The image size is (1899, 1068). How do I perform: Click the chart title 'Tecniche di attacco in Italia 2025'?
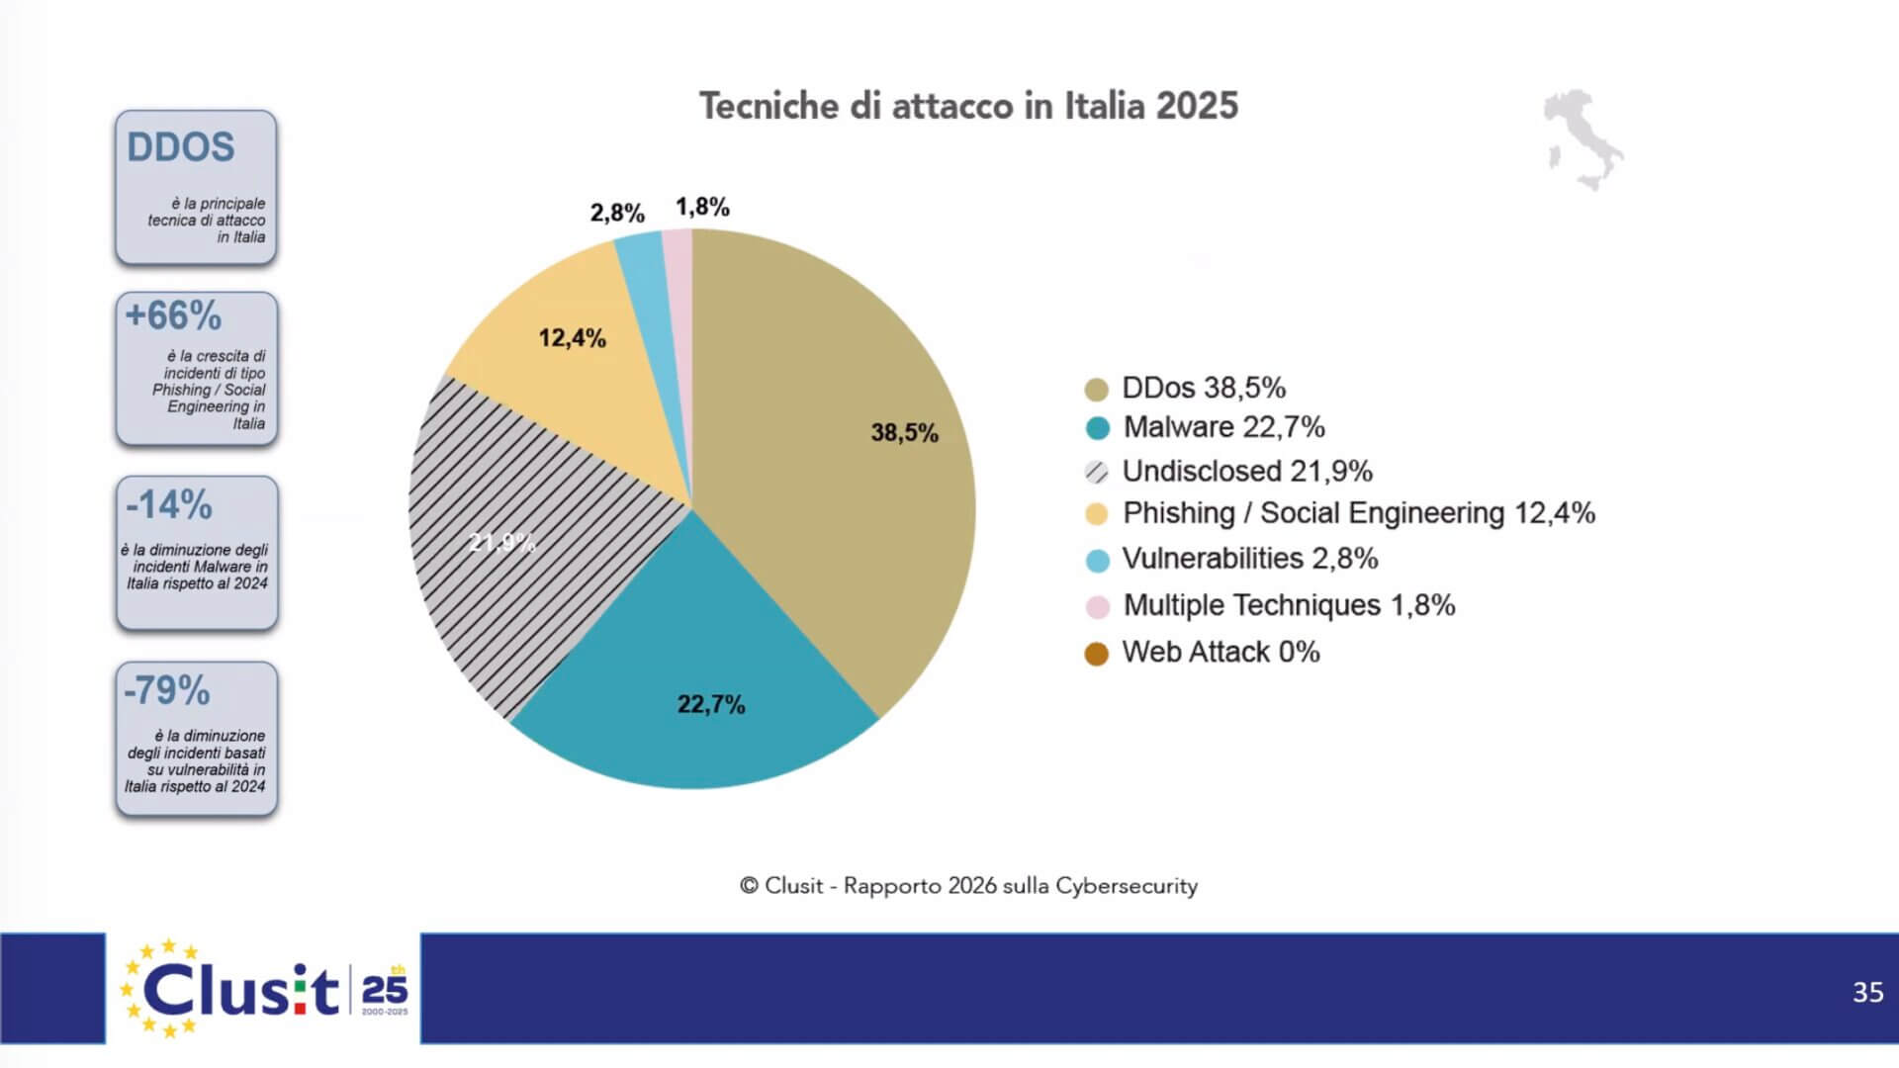[x=968, y=106]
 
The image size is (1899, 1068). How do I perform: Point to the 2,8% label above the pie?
[x=617, y=213]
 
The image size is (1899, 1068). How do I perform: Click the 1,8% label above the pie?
[x=702, y=207]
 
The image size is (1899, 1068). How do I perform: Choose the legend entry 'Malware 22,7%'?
[x=1223, y=427]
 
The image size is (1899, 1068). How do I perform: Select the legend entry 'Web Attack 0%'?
[x=1221, y=653]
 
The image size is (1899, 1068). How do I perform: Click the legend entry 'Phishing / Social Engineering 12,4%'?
[x=1358, y=513]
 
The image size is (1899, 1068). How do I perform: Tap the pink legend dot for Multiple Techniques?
[x=1097, y=606]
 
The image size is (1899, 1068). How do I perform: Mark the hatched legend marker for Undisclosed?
[x=1097, y=472]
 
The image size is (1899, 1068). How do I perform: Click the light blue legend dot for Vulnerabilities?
[x=1097, y=560]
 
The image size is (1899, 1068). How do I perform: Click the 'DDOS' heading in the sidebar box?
[x=181, y=147]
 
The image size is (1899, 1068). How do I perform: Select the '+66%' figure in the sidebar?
[x=173, y=315]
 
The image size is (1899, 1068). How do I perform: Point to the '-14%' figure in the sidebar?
[x=168, y=504]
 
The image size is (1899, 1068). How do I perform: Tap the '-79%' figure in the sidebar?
[x=166, y=690]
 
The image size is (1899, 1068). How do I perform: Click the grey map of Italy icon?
[x=1582, y=139]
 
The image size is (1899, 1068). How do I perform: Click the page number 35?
[x=1867, y=992]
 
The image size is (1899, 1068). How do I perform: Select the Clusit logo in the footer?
[x=263, y=989]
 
